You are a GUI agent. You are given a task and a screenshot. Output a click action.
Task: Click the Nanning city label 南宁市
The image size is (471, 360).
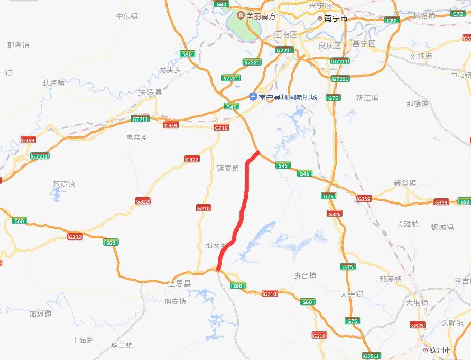[x=336, y=18]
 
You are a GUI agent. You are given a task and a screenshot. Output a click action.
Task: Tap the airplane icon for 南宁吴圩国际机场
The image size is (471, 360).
[x=253, y=97]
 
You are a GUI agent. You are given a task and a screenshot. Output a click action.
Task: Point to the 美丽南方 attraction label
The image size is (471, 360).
[x=260, y=16]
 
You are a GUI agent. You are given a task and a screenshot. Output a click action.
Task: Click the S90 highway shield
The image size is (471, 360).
[x=187, y=54]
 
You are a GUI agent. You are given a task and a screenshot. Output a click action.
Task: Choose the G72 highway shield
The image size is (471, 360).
[x=458, y=14]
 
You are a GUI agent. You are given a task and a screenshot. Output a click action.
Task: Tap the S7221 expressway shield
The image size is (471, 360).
[x=252, y=62]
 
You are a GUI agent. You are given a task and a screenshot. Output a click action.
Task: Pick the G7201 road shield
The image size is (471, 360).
[x=340, y=79]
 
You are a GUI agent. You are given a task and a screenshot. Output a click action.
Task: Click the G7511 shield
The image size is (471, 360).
[x=371, y=356]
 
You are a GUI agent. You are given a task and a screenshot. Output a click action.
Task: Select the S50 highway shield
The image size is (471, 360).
[x=464, y=201]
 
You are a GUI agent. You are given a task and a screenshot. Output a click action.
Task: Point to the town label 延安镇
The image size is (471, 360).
[x=228, y=168]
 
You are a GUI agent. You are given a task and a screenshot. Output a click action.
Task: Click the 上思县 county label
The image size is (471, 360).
[x=179, y=283]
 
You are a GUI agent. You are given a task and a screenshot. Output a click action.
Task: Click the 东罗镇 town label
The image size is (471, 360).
[x=63, y=184]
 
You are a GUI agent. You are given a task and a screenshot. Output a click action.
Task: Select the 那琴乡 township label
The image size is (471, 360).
[x=215, y=245]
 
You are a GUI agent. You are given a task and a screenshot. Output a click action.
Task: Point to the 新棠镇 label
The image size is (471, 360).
[x=405, y=183]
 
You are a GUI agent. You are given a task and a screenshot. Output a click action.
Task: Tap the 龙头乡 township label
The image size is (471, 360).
[x=170, y=70]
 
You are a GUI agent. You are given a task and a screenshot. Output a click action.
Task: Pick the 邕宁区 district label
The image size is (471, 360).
[x=364, y=43]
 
